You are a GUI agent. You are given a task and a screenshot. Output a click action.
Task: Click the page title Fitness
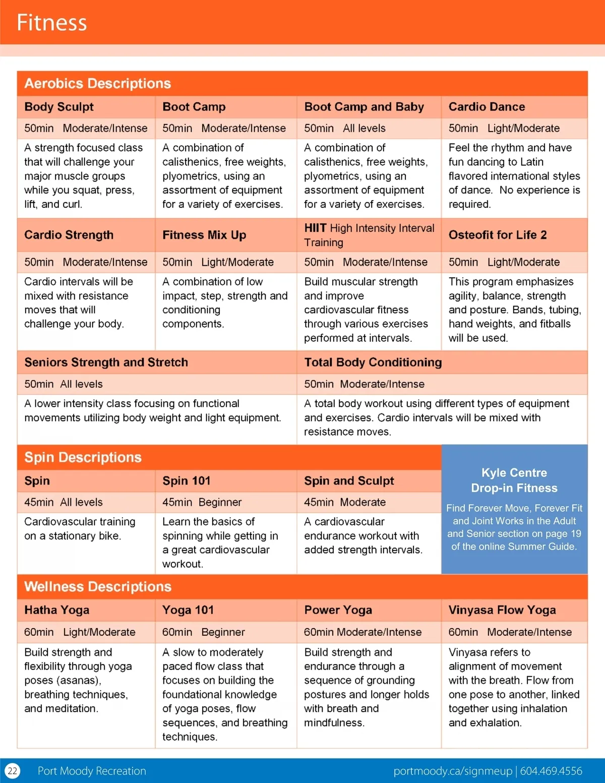pyautogui.click(x=51, y=23)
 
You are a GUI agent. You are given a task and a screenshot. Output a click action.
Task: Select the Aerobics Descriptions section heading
pyautogui.click(x=98, y=83)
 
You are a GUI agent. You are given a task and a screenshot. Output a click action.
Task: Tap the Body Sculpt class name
pyautogui.click(x=59, y=107)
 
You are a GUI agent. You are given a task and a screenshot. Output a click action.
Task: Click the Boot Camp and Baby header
pyautogui.click(x=364, y=107)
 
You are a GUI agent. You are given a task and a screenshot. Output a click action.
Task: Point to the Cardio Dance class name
pyautogui.click(x=487, y=107)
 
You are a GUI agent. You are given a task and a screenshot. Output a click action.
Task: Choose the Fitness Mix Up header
pyautogui.click(x=204, y=235)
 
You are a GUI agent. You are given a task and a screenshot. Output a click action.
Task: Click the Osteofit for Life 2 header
pyautogui.click(x=498, y=235)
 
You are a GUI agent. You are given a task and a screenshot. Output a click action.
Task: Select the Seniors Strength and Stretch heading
pyautogui.click(x=106, y=363)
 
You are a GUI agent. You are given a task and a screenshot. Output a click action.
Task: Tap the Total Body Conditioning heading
pyautogui.click(x=373, y=363)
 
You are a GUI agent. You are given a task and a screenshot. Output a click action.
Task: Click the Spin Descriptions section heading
pyautogui.click(x=83, y=457)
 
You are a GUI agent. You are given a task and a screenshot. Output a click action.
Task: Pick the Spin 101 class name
pyautogui.click(x=187, y=481)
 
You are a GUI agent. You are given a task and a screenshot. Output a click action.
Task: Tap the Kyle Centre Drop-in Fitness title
pyautogui.click(x=514, y=480)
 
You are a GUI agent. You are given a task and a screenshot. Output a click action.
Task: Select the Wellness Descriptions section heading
pyautogui.click(x=98, y=586)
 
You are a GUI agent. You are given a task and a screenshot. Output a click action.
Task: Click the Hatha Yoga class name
pyautogui.click(x=57, y=610)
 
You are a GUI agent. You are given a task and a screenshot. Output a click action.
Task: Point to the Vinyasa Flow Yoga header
pyautogui.click(x=502, y=610)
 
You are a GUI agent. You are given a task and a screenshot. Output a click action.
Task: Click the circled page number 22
pyautogui.click(x=13, y=771)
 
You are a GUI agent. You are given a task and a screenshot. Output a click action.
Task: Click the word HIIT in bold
pyautogui.click(x=316, y=228)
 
